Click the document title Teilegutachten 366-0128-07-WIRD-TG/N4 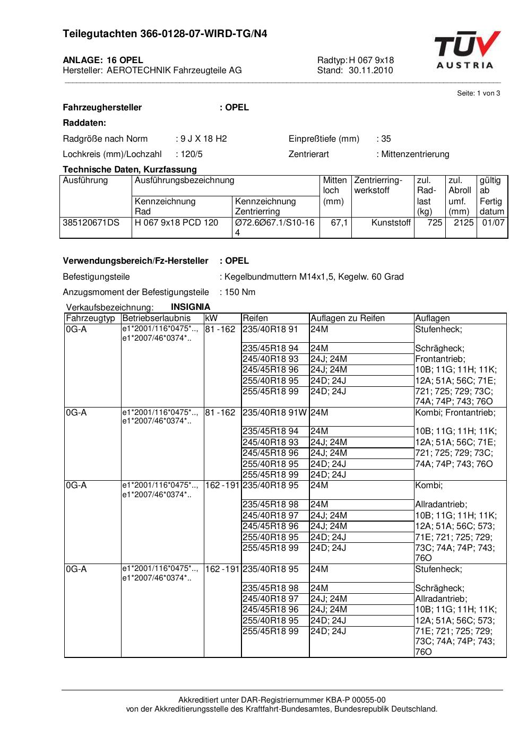point(165,34)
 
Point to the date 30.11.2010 point(370,70)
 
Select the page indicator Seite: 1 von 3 point(478,93)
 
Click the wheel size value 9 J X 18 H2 point(203,139)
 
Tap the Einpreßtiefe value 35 point(386,139)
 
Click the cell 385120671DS point(91,223)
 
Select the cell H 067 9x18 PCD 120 point(176,223)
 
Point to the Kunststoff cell point(391,223)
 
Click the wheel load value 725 point(435,223)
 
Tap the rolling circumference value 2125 point(463,223)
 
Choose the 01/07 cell point(493,223)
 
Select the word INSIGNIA point(191,307)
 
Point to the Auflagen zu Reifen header point(348,318)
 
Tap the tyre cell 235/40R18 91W point(274,413)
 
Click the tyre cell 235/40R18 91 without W point(270,330)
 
